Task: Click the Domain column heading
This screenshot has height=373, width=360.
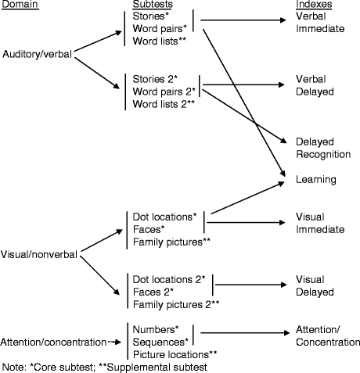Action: pyautogui.click(x=20, y=5)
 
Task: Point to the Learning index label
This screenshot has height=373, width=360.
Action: pyautogui.click(x=315, y=179)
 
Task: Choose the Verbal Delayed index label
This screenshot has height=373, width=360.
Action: pyautogui.click(x=315, y=85)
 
